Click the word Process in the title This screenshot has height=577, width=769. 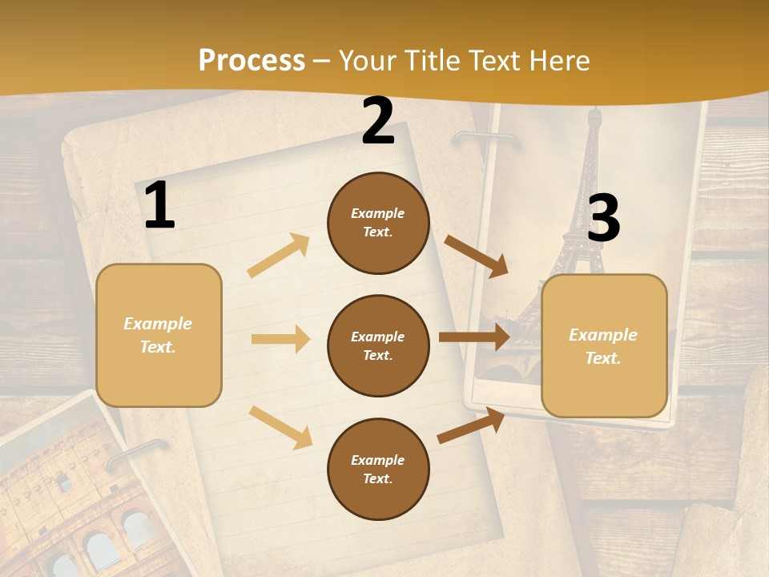(x=252, y=61)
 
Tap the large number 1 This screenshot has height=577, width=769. (x=159, y=206)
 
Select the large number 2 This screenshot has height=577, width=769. (x=378, y=122)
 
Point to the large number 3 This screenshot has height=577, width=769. (x=603, y=219)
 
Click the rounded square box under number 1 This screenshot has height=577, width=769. (x=159, y=335)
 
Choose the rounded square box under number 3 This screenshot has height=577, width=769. (x=604, y=345)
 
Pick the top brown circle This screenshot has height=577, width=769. (x=378, y=223)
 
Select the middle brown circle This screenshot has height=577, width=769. (x=378, y=345)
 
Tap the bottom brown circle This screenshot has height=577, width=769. (x=378, y=469)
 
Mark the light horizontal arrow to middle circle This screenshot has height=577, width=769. (x=280, y=339)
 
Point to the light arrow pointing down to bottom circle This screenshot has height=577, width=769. (x=280, y=426)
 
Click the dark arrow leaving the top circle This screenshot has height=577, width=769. (x=477, y=256)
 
